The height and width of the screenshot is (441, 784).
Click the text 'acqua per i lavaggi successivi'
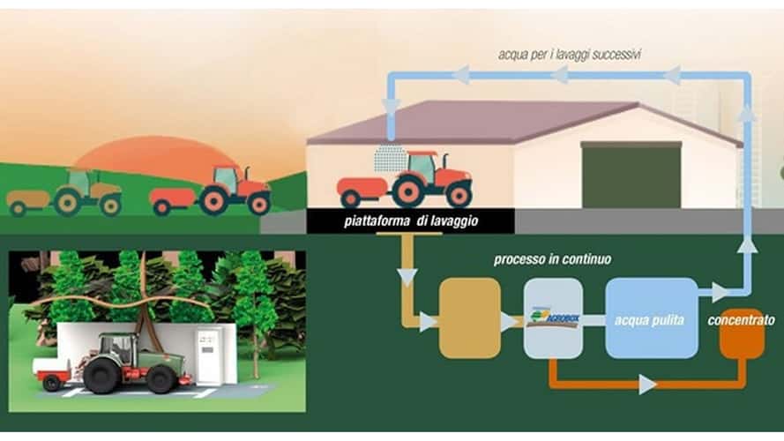[569, 55]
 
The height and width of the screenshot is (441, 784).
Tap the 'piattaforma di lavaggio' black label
[410, 221]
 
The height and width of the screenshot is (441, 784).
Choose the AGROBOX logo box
[553, 318]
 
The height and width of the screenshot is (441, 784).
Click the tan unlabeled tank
[469, 318]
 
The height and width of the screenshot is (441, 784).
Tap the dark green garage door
[631, 176]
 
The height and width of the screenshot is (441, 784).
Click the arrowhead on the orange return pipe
[648, 385]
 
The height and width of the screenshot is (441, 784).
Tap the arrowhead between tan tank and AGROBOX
[510, 323]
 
